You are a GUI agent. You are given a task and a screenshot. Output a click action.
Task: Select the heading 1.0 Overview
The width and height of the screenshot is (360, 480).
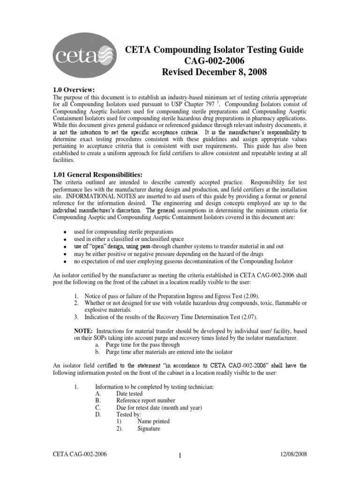[75, 90]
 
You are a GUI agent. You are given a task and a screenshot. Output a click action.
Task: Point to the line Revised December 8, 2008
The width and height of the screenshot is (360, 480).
[213, 73]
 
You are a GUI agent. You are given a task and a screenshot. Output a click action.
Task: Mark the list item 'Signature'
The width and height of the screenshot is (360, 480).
[149, 428]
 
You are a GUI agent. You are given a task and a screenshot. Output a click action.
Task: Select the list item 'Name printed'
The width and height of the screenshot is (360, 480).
[153, 421]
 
